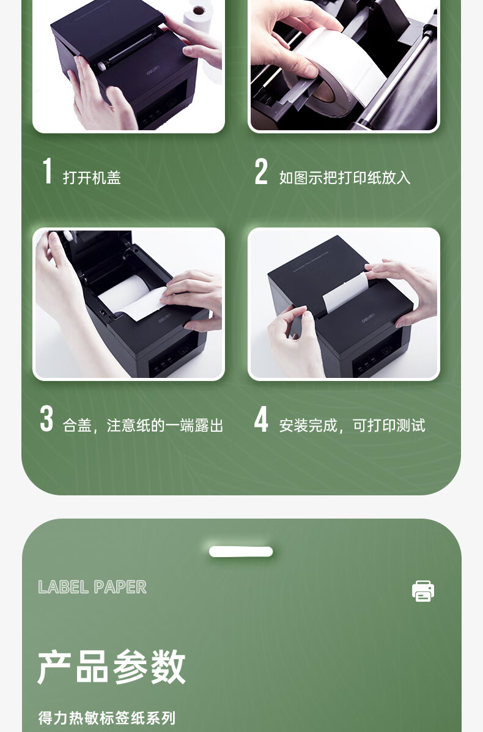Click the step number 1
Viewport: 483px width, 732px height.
[x=47, y=171]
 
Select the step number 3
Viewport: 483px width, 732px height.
[x=46, y=419]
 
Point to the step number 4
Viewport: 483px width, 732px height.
[x=261, y=419]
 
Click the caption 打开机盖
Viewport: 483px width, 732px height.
[x=92, y=177]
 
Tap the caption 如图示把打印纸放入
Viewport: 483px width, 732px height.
[x=345, y=177]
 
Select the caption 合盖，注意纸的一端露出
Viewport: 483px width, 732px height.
[x=143, y=425]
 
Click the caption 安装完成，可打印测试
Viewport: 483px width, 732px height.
[x=352, y=425]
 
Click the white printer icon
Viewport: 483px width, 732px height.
[x=423, y=591]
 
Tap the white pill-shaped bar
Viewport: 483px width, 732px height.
[x=241, y=552]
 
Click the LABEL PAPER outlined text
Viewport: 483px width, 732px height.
[x=92, y=587]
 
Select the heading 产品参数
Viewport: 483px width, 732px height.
[x=111, y=666]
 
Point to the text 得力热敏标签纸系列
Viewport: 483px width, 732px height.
[x=107, y=717]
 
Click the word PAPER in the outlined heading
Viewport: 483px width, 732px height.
[x=120, y=587]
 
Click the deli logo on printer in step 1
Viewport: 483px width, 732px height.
[x=153, y=72]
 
